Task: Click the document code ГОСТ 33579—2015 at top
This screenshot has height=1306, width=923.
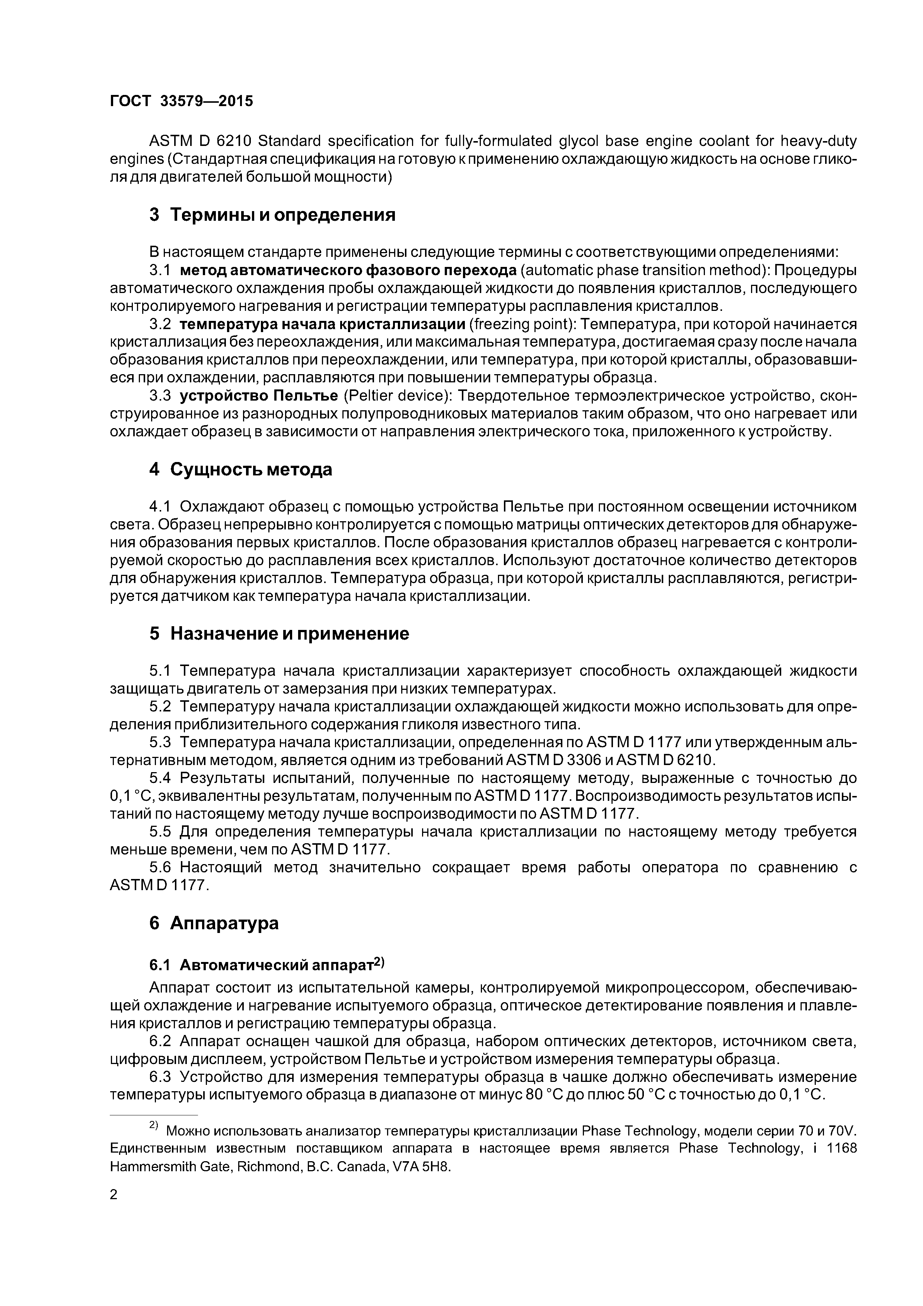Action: (181, 101)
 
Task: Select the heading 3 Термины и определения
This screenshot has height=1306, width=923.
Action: (272, 215)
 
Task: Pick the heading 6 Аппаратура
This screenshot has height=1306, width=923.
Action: (214, 923)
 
